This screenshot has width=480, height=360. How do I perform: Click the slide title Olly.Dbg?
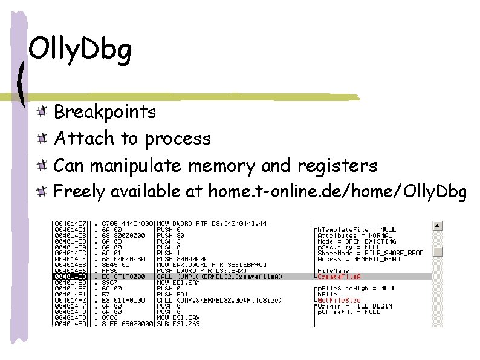(x=80, y=51)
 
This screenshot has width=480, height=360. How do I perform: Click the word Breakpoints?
(x=105, y=112)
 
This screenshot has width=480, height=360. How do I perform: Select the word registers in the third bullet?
(x=337, y=165)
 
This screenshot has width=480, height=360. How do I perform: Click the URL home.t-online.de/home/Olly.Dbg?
(x=337, y=192)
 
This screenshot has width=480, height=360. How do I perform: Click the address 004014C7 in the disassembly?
(x=71, y=224)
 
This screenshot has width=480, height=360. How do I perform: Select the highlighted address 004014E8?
(x=71, y=277)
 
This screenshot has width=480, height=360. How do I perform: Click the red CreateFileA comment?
(x=339, y=277)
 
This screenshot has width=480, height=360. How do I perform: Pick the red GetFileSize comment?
(x=339, y=300)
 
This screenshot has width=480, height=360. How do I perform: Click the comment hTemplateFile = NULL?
(x=357, y=229)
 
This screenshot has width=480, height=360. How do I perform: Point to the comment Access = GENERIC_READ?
(x=358, y=259)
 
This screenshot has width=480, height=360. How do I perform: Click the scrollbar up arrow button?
(x=438, y=226)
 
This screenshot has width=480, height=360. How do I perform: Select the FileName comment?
(x=333, y=270)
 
